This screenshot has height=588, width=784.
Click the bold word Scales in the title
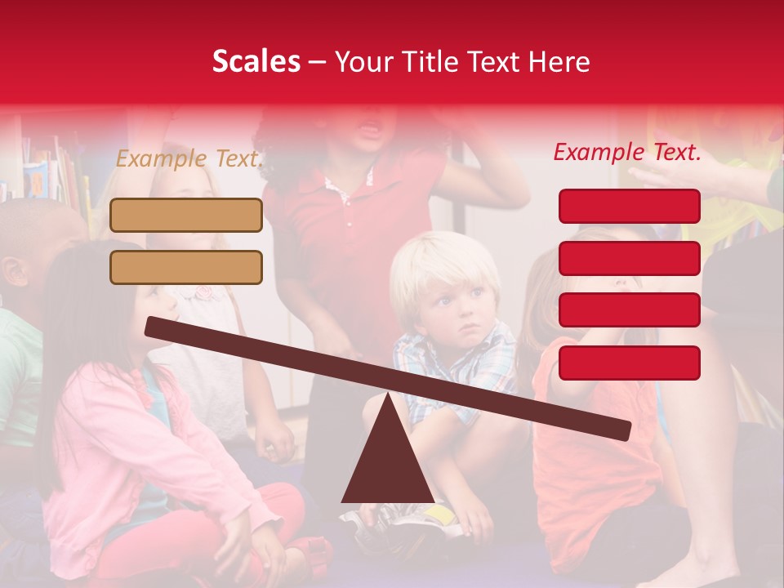pyautogui.click(x=256, y=61)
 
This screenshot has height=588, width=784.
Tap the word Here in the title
pyautogui.click(x=559, y=62)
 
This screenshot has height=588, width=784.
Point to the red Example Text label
pyautogui.click(x=627, y=152)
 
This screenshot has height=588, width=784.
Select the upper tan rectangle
pyautogui.click(x=186, y=216)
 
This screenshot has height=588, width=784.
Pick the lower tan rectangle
pyautogui.click(x=186, y=267)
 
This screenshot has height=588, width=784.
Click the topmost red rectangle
pyautogui.click(x=630, y=206)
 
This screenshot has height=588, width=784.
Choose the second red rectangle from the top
pyautogui.click(x=630, y=258)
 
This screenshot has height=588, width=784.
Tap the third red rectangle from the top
pyautogui.click(x=630, y=310)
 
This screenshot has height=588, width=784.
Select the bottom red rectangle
pyautogui.click(x=630, y=363)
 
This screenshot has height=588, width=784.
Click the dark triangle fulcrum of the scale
pyautogui.click(x=388, y=465)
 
